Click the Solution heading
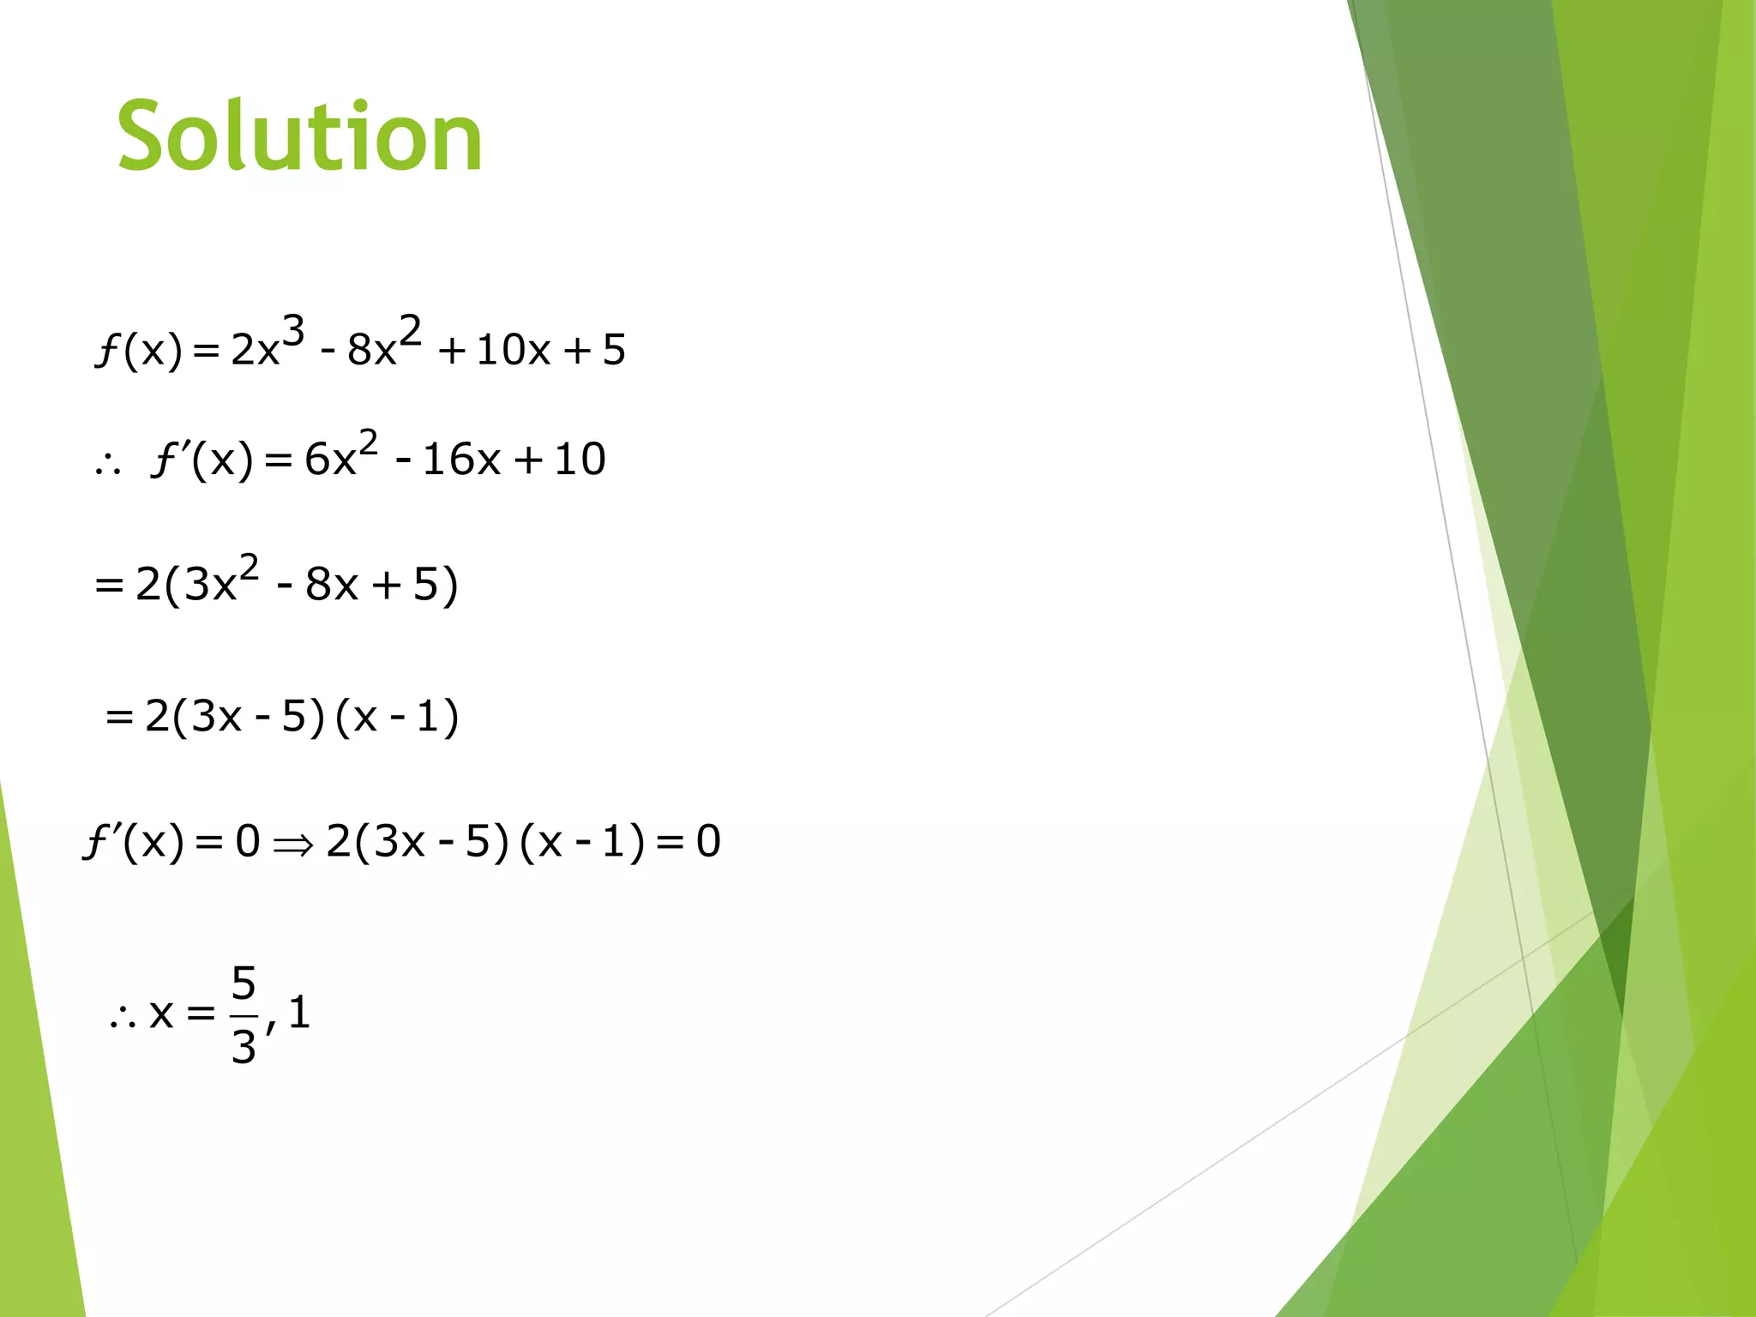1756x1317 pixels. click(x=299, y=137)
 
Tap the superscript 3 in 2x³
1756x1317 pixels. click(x=293, y=332)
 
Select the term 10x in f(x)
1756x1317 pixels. click(x=513, y=350)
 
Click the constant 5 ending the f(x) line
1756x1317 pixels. click(x=614, y=350)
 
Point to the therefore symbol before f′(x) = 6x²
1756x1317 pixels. click(x=108, y=465)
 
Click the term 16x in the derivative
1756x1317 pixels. click(x=461, y=460)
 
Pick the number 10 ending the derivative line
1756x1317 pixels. click(x=580, y=460)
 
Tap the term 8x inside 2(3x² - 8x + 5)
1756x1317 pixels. click(x=331, y=585)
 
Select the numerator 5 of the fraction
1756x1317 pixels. click(x=244, y=983)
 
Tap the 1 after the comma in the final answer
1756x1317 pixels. click(x=299, y=1013)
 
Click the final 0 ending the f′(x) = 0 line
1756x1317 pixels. click(x=708, y=841)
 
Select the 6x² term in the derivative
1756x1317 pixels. click(x=340, y=454)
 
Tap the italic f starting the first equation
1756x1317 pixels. click(x=106, y=350)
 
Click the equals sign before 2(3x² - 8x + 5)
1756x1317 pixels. click(x=109, y=586)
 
